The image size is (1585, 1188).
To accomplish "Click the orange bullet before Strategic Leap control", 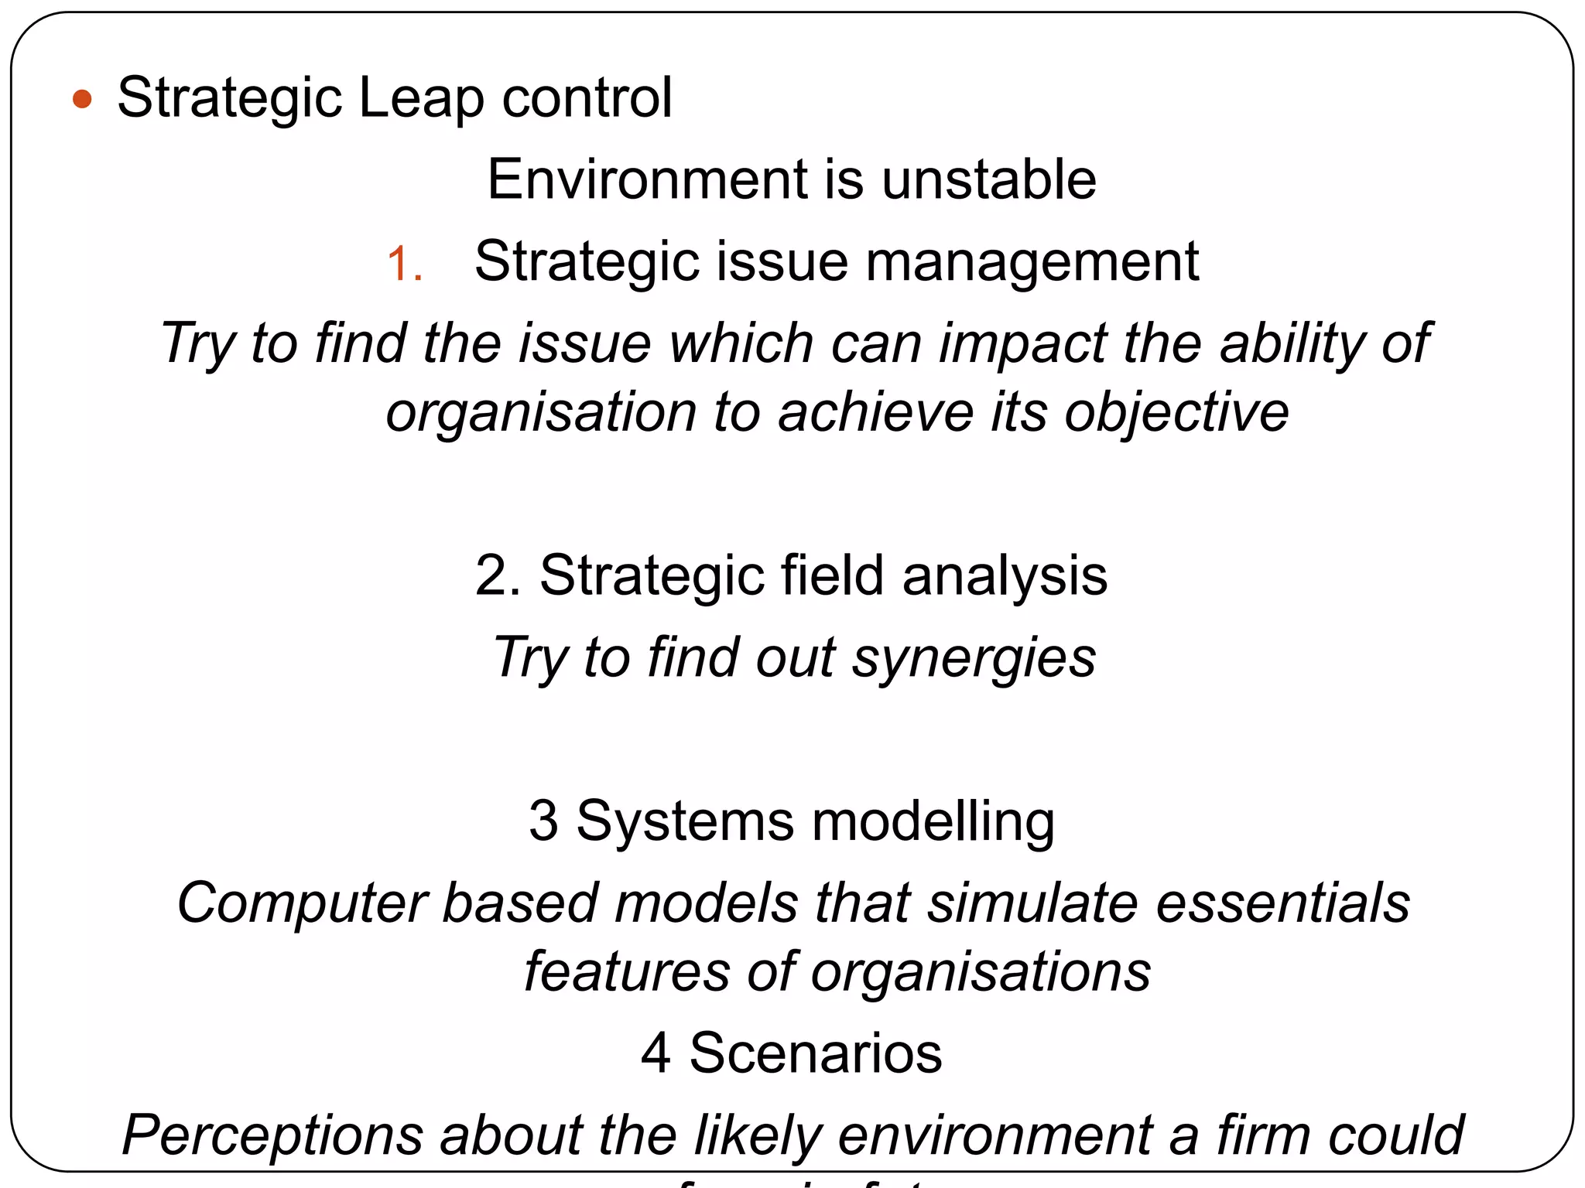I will pos(82,100).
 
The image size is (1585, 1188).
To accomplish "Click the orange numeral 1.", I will pos(404,263).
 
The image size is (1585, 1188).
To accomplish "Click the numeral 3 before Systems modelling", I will pos(543,821).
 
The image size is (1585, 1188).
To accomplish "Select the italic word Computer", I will pos(302,903).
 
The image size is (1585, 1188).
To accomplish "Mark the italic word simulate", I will pos(1032,903).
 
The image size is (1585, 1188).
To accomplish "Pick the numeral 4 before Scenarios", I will pos(656,1053).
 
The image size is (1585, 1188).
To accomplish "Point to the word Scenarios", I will pos(816,1053).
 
